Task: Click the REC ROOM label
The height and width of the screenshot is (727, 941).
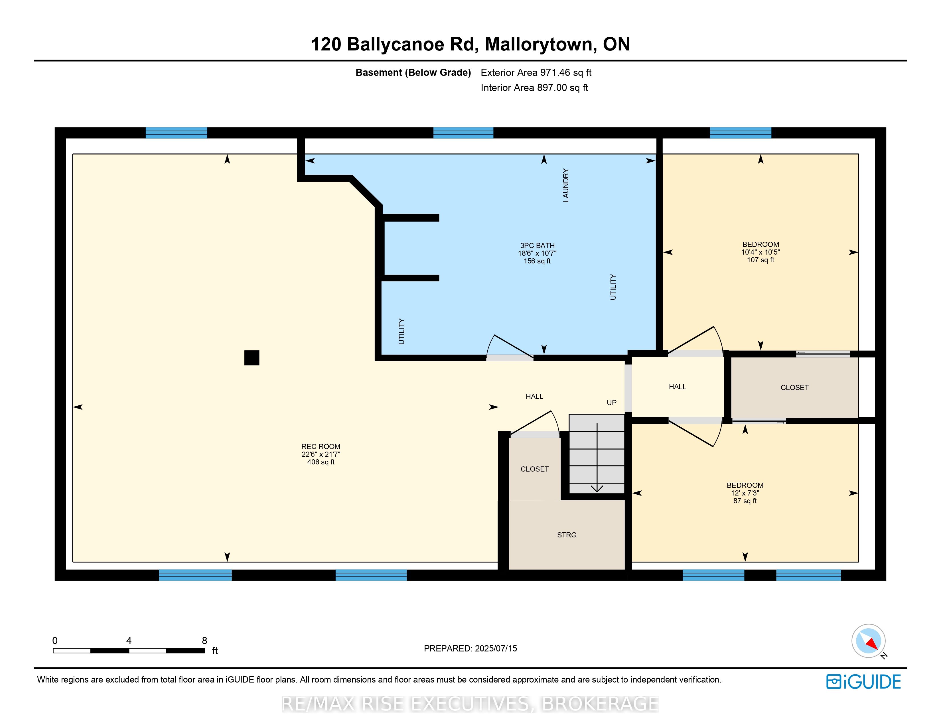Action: [321, 447]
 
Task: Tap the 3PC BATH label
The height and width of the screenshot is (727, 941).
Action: [537, 245]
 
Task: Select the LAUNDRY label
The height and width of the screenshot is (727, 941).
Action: [566, 185]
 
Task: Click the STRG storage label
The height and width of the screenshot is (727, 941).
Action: [567, 535]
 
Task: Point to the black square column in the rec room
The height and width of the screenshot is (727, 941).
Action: [252, 358]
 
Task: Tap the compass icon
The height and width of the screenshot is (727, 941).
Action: [868, 641]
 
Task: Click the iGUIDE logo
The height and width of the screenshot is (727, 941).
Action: [863, 682]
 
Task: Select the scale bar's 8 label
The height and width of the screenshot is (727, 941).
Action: [205, 640]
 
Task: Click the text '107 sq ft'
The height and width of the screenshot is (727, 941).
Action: [760, 260]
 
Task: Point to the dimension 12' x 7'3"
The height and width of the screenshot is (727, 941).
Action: [745, 493]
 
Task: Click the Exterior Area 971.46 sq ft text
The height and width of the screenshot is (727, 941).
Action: [536, 72]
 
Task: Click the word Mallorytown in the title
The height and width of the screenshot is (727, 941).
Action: [541, 44]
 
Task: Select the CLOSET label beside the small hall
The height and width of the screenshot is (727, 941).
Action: [794, 388]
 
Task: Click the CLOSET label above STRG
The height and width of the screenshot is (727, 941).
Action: [534, 469]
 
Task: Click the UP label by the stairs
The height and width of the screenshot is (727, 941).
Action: [611, 403]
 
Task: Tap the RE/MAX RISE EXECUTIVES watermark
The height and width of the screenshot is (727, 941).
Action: [470, 704]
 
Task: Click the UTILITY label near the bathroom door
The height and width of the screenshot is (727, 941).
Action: [401, 331]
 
